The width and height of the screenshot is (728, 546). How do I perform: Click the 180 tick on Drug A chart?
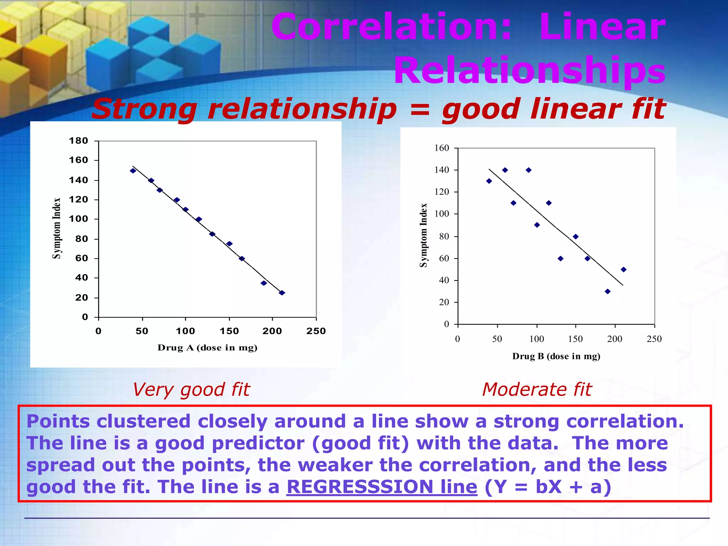78,141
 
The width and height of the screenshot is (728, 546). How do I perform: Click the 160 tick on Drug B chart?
441,148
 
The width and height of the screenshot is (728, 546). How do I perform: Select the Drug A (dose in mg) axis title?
207,348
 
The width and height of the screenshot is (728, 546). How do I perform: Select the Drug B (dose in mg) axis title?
556,356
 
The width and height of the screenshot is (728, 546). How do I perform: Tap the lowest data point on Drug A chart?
282,293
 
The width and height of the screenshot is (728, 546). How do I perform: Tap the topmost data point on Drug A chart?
133,171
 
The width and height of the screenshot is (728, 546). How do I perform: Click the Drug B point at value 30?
607,291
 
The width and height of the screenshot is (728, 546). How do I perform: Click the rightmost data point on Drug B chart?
623,269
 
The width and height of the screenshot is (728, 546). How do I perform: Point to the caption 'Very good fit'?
191,390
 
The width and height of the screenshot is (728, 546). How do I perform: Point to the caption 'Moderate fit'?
537,390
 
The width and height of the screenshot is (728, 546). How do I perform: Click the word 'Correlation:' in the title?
391,27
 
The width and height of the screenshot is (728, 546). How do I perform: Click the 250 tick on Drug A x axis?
316,331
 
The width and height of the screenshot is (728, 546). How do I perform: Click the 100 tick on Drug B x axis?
536,339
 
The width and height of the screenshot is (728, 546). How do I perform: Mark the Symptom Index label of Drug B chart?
423,235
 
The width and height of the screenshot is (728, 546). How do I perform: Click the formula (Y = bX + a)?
548,487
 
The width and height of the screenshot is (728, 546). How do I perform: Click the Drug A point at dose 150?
229,244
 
